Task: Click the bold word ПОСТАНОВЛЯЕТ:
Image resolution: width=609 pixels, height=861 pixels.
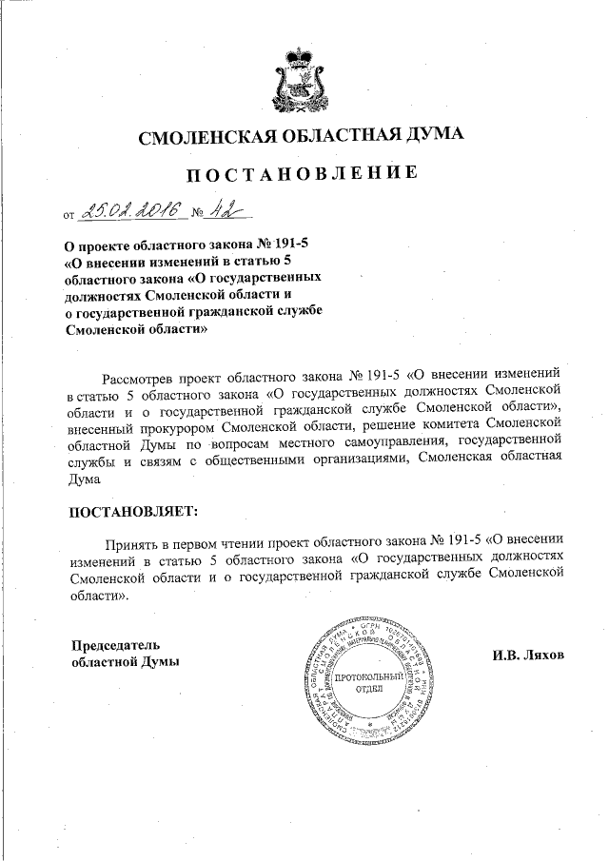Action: click(x=134, y=511)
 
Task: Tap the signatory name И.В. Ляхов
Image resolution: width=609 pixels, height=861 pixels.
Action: click(x=528, y=656)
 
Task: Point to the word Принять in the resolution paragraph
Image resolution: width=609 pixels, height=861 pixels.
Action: click(x=141, y=540)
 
